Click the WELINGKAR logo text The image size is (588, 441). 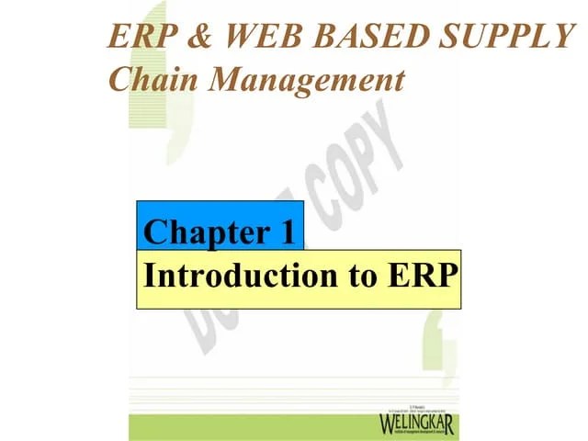pyautogui.click(x=416, y=425)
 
